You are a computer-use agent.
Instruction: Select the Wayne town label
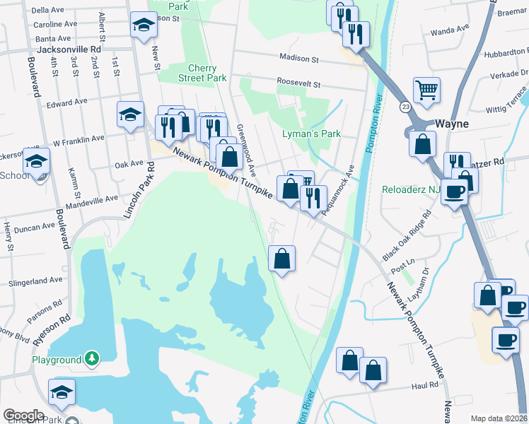coord(451,124)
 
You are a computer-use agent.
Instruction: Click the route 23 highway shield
coord(405,106)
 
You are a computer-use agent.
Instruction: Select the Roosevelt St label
coord(298,83)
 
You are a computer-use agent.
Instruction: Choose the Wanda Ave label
coord(450,30)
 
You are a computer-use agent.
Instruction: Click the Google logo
coord(23,416)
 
